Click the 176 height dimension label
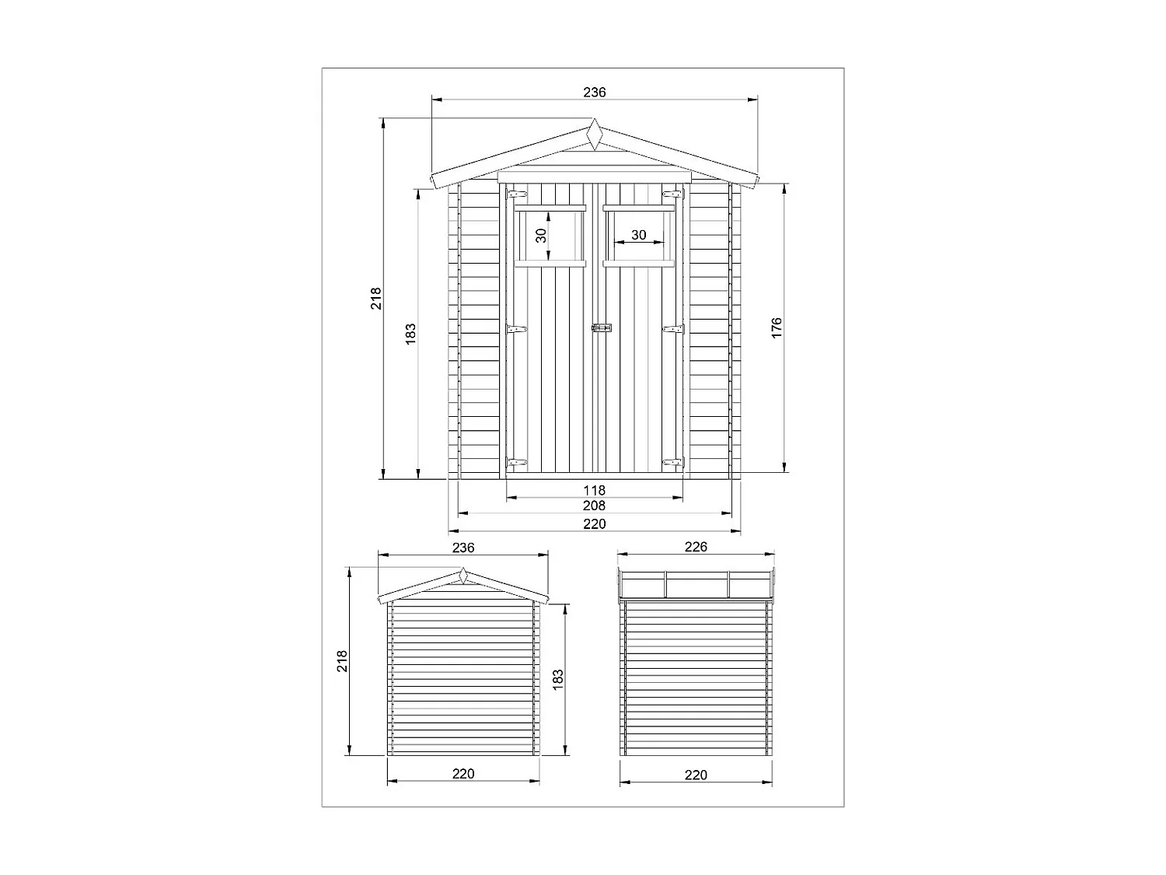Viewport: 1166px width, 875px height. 777,327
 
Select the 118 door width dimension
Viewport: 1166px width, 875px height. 595,490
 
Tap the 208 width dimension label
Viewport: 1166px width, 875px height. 595,506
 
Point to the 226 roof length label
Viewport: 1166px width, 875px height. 696,547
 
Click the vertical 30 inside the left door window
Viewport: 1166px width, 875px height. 542,234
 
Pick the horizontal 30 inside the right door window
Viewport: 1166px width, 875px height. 638,235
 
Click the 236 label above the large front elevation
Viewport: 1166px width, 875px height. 595,93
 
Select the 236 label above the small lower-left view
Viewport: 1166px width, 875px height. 463,548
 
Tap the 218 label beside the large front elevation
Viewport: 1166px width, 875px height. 376,299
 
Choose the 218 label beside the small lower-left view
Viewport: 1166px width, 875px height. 343,661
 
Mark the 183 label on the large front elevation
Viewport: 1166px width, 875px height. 411,333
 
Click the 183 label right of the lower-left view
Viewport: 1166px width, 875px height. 557,679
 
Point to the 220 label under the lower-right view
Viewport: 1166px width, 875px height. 696,775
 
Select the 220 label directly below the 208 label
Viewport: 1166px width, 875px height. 595,524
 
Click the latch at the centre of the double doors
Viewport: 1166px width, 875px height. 602,329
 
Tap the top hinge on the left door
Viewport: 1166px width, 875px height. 516,194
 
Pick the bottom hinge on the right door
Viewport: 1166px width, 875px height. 672,463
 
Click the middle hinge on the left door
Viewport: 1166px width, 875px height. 516,330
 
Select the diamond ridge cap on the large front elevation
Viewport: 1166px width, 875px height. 595,135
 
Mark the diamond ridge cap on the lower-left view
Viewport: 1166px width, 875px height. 463,577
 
